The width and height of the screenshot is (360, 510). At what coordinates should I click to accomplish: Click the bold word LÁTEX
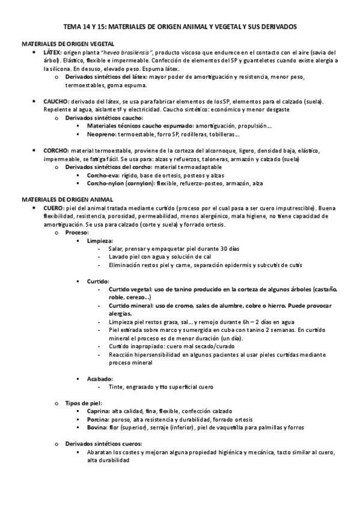(x=52, y=52)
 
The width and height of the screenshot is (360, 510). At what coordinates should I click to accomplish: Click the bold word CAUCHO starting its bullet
(x=55, y=102)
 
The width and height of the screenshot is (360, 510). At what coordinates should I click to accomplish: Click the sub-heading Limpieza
(x=100, y=240)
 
